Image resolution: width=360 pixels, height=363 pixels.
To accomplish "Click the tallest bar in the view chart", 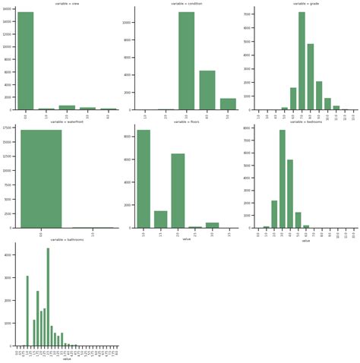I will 25,61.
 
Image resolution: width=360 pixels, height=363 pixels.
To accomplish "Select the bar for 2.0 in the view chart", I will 67,107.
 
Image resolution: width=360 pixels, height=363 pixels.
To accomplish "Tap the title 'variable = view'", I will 66,4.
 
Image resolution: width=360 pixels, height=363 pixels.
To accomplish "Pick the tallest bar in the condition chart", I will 186,61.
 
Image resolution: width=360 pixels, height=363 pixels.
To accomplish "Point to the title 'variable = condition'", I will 186,4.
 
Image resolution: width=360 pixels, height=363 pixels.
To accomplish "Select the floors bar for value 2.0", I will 178,191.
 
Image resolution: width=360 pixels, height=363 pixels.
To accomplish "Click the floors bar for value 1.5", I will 160,219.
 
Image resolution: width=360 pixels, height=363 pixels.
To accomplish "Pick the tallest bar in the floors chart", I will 144,178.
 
